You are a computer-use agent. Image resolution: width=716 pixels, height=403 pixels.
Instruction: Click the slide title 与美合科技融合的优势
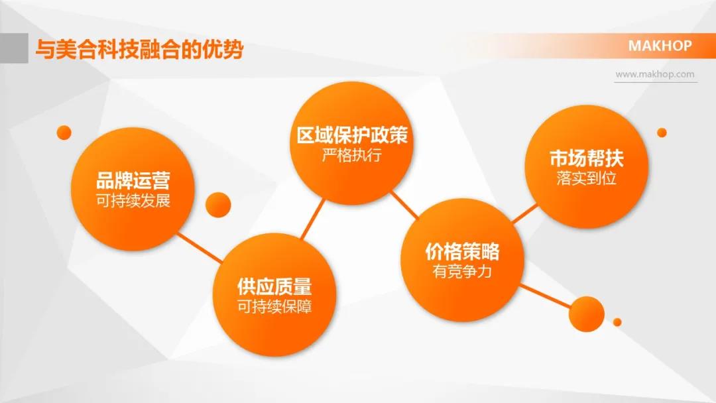[x=139, y=49]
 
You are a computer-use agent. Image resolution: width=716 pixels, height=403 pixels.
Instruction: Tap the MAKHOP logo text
[x=660, y=46]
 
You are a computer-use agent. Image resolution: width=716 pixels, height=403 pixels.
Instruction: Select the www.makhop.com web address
[x=655, y=74]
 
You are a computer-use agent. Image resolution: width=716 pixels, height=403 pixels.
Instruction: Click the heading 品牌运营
[x=133, y=180]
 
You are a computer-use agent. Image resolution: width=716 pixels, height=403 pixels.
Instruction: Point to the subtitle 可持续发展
[x=133, y=200]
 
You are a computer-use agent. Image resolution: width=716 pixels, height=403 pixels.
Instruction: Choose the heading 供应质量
[x=274, y=286]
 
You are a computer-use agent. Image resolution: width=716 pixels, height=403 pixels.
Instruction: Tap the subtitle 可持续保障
[x=274, y=306]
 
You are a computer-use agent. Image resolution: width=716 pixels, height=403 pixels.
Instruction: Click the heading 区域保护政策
[x=352, y=135]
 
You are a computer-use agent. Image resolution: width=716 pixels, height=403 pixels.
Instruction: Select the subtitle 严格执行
[x=351, y=155]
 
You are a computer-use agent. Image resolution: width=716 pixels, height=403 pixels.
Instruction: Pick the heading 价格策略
[x=462, y=251]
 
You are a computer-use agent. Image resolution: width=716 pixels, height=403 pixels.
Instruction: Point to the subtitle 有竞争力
[x=462, y=272]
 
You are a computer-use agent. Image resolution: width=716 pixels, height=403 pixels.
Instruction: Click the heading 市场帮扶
[x=586, y=158]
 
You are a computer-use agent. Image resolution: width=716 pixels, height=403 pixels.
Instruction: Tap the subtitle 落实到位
[x=586, y=178]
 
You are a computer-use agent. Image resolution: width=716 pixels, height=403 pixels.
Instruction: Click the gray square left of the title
[x=14, y=48]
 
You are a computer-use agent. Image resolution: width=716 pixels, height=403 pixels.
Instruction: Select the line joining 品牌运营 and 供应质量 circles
[x=200, y=248]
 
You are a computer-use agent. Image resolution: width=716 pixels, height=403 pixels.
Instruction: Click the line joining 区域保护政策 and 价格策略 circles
[x=404, y=205]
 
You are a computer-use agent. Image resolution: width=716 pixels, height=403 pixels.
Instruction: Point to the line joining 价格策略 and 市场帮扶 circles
[x=524, y=213]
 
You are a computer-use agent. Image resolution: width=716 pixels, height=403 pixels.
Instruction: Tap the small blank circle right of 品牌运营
[x=218, y=205]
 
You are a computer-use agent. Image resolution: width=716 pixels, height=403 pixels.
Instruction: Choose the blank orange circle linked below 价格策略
[x=586, y=314]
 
